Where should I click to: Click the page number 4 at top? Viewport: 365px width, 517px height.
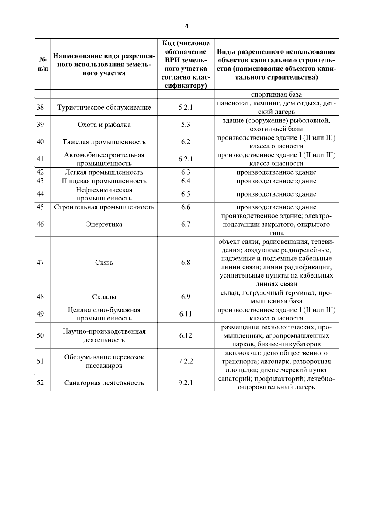(x=186, y=26)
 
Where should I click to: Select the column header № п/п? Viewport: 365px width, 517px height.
(x=43, y=64)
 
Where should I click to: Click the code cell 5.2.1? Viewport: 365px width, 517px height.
(x=186, y=107)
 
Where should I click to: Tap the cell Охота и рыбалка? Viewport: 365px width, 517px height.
(x=104, y=125)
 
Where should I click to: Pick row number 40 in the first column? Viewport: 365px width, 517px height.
(x=40, y=142)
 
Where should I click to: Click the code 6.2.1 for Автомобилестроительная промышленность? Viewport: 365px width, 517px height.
(x=186, y=159)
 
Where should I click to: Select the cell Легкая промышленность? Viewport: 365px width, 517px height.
(x=104, y=172)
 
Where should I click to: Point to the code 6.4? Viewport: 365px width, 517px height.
(x=186, y=181)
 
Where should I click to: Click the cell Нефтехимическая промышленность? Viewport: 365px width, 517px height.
(x=104, y=194)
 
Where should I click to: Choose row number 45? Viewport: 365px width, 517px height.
(x=40, y=207)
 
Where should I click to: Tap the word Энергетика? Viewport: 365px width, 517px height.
(x=104, y=225)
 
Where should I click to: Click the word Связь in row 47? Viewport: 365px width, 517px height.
(x=104, y=263)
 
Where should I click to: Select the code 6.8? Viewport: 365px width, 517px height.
(x=186, y=263)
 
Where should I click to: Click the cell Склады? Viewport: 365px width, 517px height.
(x=104, y=297)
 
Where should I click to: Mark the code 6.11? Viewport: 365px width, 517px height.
(x=186, y=314)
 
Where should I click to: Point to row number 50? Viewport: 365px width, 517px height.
(x=40, y=335)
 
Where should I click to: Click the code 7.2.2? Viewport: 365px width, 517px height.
(x=186, y=361)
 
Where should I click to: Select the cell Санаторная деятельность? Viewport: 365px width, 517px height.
(x=104, y=383)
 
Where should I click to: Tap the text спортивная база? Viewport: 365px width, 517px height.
(x=276, y=94)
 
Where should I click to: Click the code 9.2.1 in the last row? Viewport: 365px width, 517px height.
(x=186, y=383)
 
